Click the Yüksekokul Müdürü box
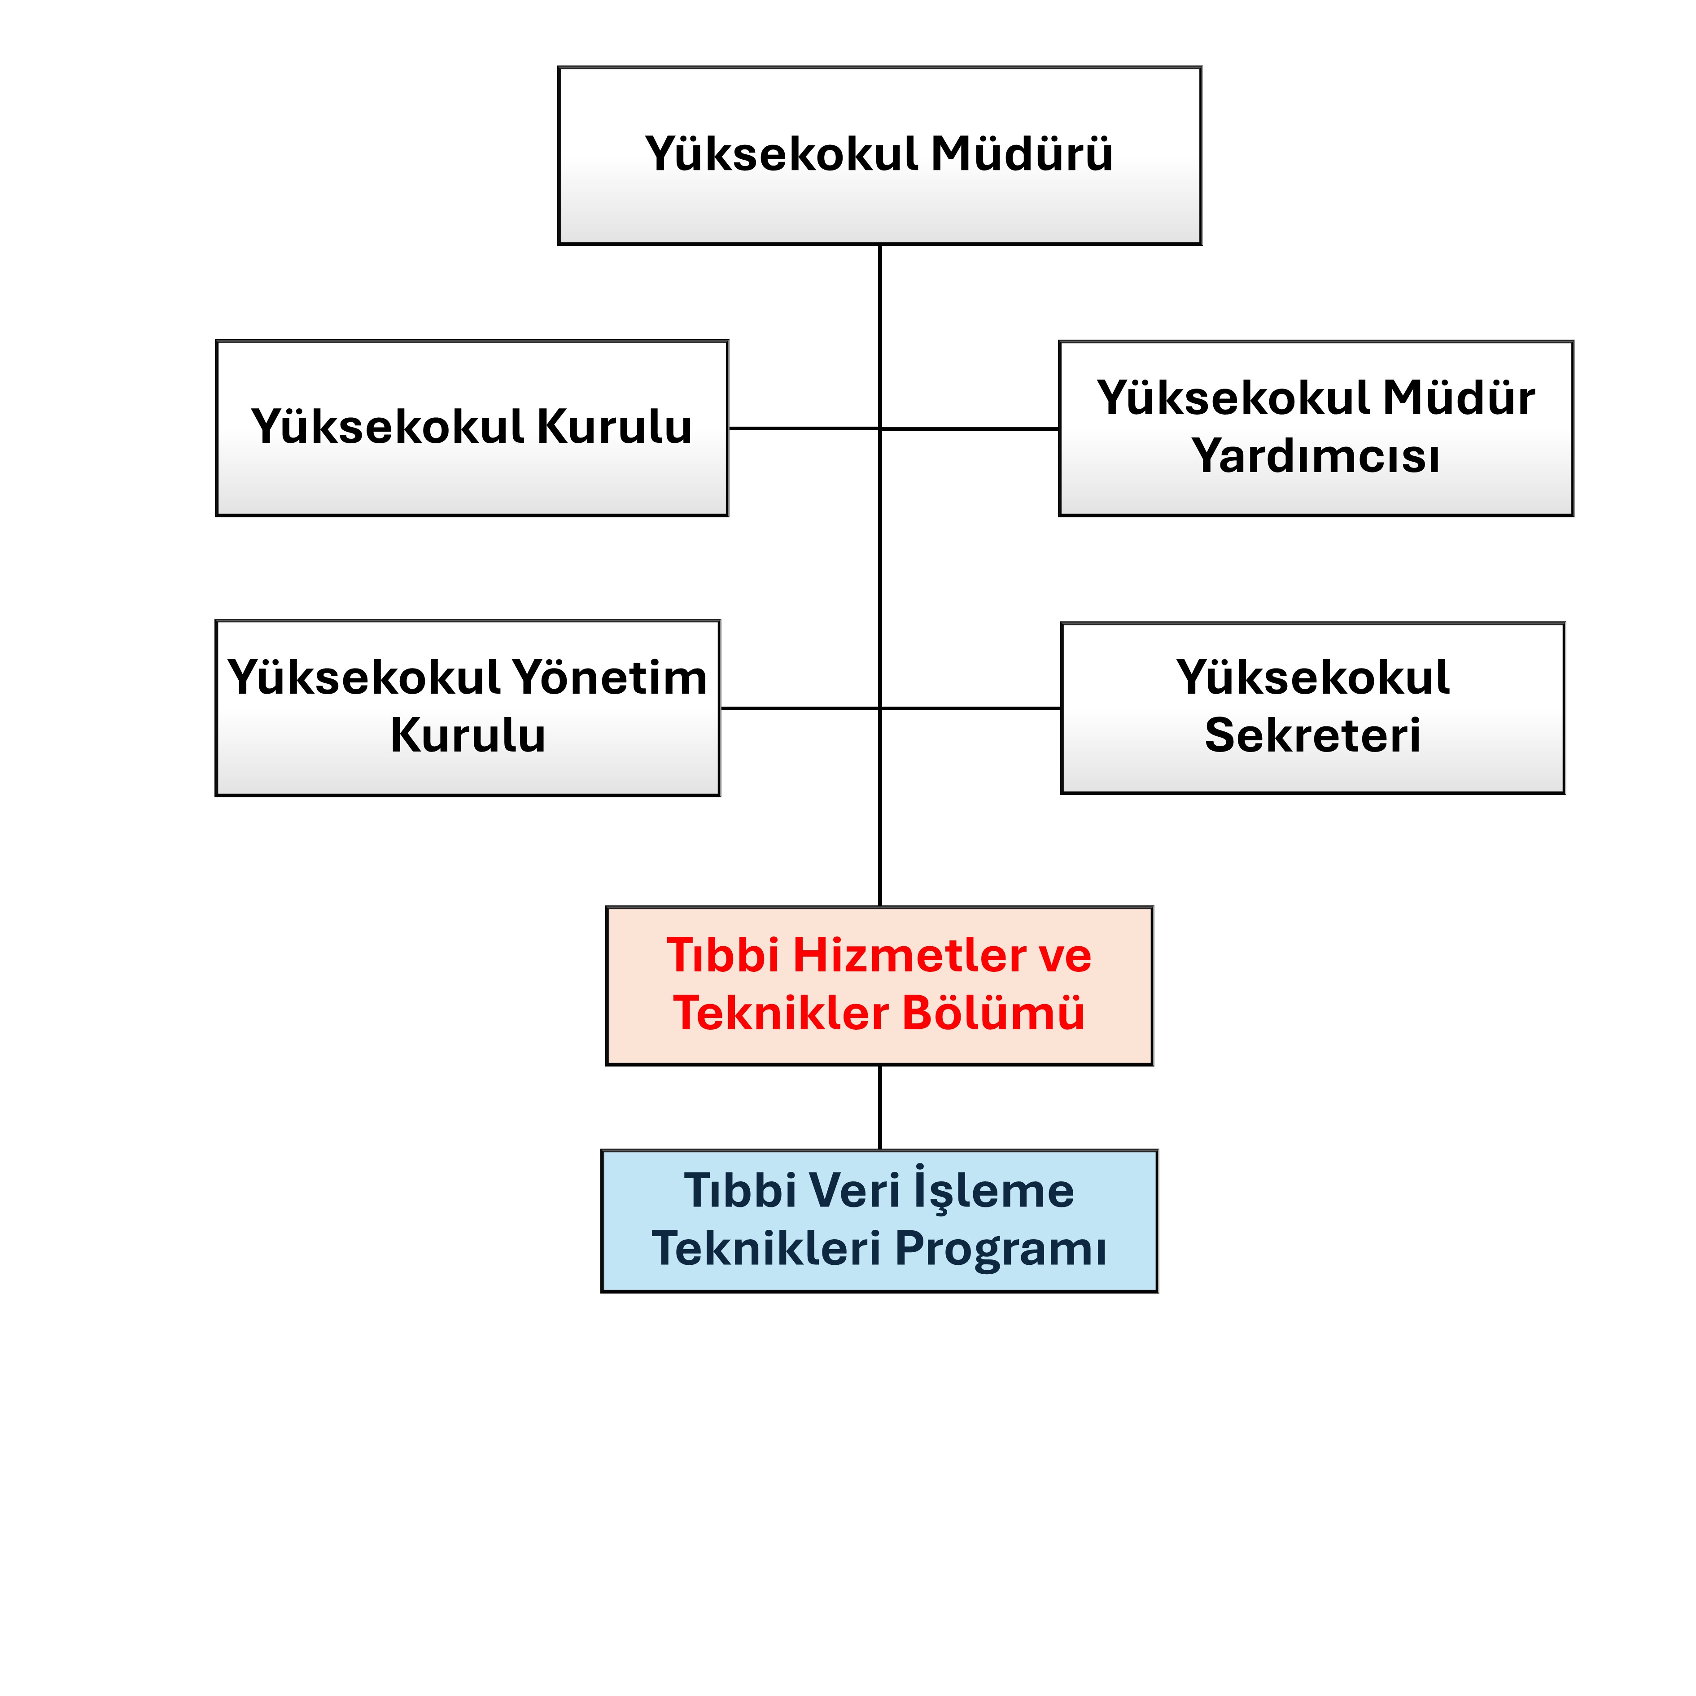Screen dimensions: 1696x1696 (x=879, y=155)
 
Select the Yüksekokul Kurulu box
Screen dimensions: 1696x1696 (x=472, y=428)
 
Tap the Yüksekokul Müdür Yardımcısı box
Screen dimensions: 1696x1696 (x=1316, y=428)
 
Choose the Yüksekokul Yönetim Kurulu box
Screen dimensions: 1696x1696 (x=468, y=708)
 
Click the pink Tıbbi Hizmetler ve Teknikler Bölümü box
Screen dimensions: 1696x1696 (x=879, y=986)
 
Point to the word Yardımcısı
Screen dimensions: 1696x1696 (x=1316, y=456)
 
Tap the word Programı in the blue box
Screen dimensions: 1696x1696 (x=1001, y=1249)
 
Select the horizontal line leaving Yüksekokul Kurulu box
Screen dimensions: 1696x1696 (x=804, y=428)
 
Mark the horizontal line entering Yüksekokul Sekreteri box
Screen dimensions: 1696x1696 (x=970, y=708)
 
